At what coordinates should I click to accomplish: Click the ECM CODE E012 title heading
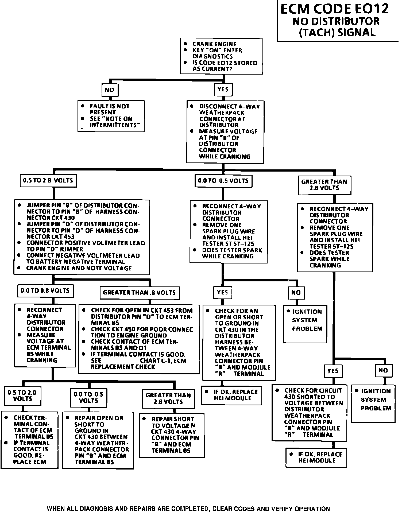point(335,9)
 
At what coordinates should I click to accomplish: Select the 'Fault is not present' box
point(111,116)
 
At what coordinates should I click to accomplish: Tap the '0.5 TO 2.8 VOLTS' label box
point(48,181)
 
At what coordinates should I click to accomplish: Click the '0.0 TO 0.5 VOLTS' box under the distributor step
point(223,181)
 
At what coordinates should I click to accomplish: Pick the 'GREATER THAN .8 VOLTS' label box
point(139,293)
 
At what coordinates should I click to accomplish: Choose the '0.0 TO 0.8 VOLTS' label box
point(45,291)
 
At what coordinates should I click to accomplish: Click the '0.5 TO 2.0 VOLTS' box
point(22,396)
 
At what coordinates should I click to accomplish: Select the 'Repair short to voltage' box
point(171,435)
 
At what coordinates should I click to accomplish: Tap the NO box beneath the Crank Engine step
point(110,90)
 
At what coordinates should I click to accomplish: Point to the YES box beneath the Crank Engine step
point(223,90)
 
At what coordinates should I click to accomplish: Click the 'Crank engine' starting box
point(221,56)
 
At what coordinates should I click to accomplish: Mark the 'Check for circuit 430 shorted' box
point(309,413)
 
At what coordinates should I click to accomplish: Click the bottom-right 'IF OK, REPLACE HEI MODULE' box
point(316,457)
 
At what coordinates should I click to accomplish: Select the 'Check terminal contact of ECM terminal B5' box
point(30,440)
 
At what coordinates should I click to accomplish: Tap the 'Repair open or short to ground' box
point(98,440)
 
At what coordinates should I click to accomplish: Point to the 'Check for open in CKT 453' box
point(139,339)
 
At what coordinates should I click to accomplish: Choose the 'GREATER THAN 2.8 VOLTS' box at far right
point(324,185)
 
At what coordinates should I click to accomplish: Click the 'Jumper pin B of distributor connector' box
point(82,237)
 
